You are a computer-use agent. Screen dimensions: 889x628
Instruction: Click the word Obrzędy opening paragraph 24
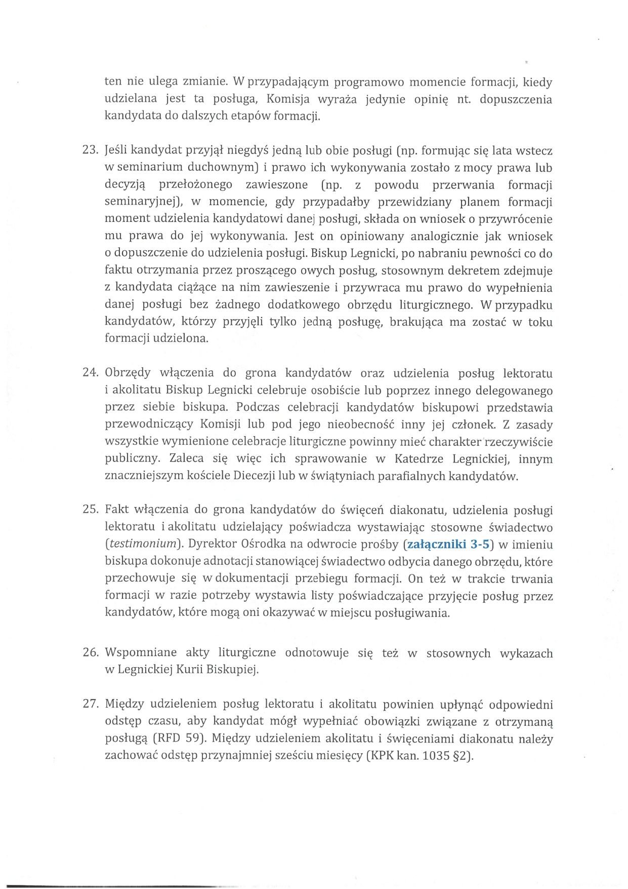tap(128, 373)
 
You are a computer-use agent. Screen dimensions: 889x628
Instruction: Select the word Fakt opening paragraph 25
tap(116, 510)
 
